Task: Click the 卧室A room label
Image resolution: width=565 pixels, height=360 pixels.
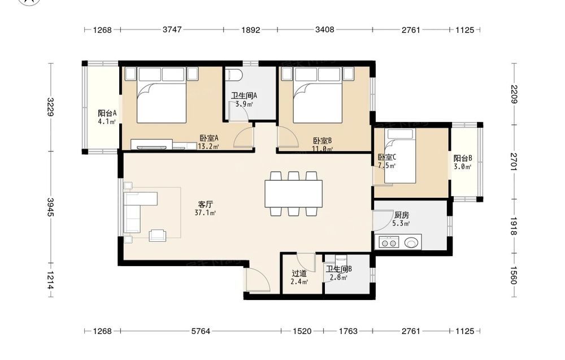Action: tap(209, 138)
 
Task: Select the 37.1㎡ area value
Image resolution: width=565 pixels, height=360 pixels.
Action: tap(205, 212)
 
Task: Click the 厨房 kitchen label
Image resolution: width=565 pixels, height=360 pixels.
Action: tap(401, 215)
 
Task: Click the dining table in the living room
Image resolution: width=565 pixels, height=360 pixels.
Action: tap(293, 194)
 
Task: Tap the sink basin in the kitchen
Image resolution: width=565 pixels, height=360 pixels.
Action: tap(412, 242)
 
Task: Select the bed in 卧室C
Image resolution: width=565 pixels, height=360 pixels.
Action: tap(400, 157)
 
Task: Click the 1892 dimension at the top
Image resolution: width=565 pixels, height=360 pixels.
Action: tap(250, 30)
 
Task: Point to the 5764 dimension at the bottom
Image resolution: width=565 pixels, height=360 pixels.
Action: tap(201, 331)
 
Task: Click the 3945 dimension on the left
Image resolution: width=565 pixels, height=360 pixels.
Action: tap(50, 207)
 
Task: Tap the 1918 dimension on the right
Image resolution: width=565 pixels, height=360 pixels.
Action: tap(514, 226)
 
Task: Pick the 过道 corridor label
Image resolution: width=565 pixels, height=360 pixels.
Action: tap(299, 274)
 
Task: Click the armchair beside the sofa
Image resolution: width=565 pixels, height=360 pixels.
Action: tap(158, 235)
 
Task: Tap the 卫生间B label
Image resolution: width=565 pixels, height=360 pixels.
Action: tap(338, 269)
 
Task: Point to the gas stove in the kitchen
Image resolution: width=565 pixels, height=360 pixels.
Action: tap(389, 242)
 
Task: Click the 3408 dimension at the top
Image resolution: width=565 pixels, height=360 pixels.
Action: tap(325, 29)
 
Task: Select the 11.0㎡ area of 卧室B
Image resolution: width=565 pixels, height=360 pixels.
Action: tap(322, 149)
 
